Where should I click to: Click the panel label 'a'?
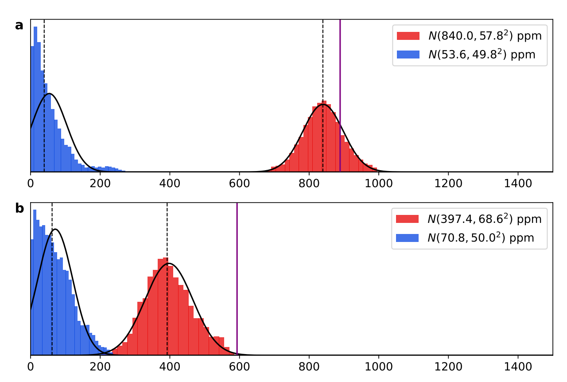pyautogui.click(x=19, y=25)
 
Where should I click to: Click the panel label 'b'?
pyautogui.click(x=19, y=208)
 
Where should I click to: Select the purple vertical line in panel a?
pyautogui.click(x=340, y=66)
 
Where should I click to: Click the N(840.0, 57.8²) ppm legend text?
pyautogui.click(x=485, y=36)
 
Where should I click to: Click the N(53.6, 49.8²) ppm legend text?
pyautogui.click(x=482, y=55)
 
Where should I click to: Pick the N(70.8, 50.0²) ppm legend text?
pyautogui.click(x=481, y=238)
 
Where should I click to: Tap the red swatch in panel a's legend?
pyautogui.click(x=408, y=36)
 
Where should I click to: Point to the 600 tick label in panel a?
pyautogui.click(x=239, y=181)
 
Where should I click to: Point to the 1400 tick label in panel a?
pyautogui.click(x=518, y=181)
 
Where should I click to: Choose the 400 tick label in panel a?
pyautogui.click(x=170, y=181)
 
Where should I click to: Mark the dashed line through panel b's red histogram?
pyautogui.click(x=167, y=230)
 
